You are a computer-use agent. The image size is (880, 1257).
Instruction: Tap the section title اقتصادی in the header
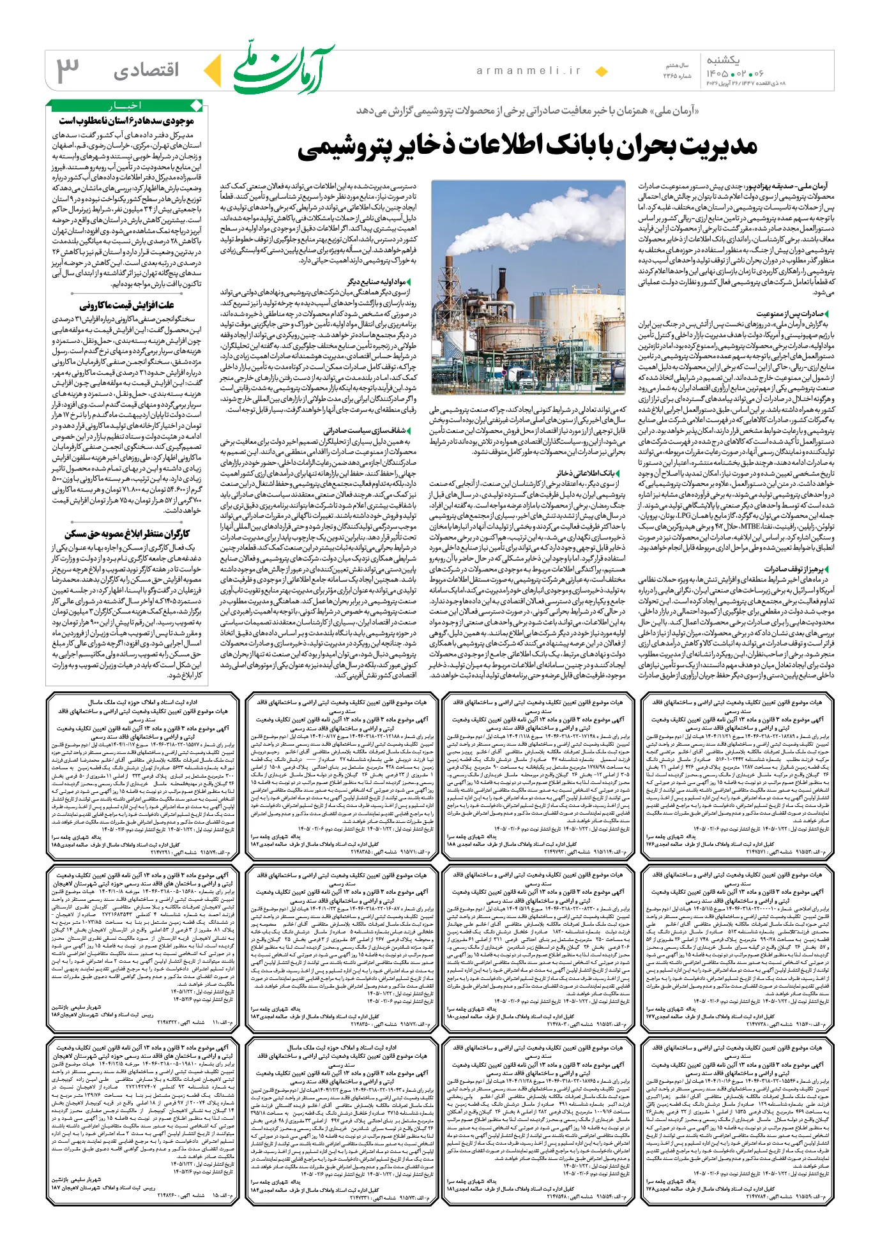(x=147, y=70)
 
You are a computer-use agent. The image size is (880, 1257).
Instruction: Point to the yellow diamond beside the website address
(x=601, y=72)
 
